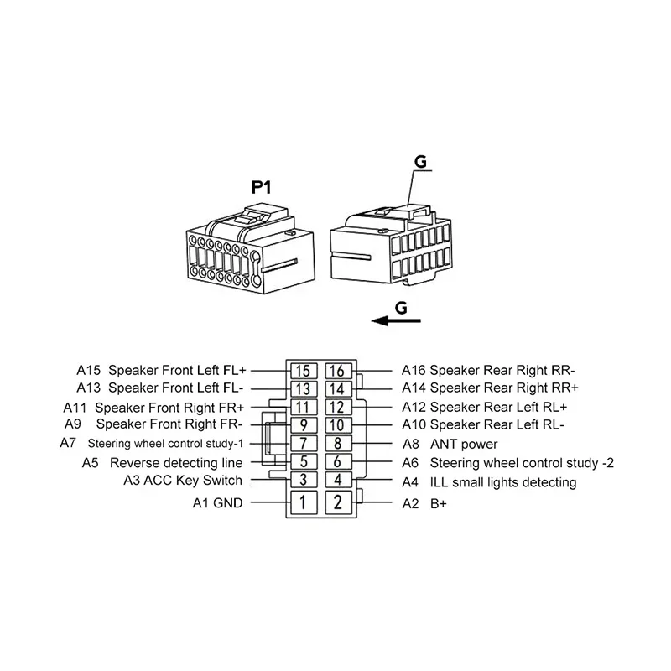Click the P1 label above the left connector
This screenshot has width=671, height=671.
(x=261, y=187)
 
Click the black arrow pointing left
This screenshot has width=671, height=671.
(x=396, y=320)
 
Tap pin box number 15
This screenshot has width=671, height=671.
(x=304, y=371)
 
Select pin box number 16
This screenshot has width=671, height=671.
(x=338, y=371)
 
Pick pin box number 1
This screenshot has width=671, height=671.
(x=304, y=502)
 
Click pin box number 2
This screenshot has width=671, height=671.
(x=338, y=502)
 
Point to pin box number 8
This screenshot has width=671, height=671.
(x=338, y=444)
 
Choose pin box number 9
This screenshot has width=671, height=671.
(x=304, y=425)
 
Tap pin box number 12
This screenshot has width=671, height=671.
(x=338, y=407)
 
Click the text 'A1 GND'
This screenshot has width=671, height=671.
(x=217, y=502)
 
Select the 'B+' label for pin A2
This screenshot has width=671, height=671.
(x=438, y=504)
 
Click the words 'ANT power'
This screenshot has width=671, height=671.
(x=464, y=445)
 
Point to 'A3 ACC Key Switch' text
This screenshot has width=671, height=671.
(x=183, y=481)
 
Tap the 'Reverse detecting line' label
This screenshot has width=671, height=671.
(x=176, y=463)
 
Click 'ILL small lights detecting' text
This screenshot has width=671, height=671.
(x=503, y=482)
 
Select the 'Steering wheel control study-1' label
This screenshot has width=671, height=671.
(x=165, y=444)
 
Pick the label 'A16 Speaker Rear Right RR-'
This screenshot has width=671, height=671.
(x=488, y=370)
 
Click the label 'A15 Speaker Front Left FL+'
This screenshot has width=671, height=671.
(x=161, y=370)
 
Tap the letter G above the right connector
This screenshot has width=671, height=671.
(x=421, y=162)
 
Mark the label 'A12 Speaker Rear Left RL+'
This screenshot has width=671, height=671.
(x=485, y=407)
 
